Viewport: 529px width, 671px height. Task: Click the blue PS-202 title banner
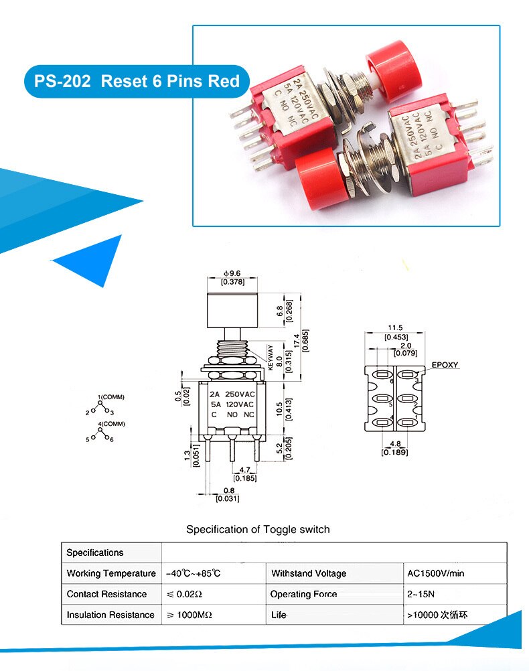[x=137, y=82]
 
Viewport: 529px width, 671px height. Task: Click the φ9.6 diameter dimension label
[x=232, y=274]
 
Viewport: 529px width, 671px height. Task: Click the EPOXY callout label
[x=445, y=365]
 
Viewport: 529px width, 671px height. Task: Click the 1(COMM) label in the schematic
[x=110, y=397]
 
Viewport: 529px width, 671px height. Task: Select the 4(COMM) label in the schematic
[x=110, y=424]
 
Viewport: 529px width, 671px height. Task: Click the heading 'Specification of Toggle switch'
[x=258, y=529]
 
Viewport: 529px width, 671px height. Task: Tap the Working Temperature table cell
[x=111, y=573]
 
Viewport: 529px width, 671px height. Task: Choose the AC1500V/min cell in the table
[x=435, y=573]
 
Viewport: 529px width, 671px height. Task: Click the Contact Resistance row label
[x=106, y=594]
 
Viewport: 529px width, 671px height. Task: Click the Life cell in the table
[x=279, y=615]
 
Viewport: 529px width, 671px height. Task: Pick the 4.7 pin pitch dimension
[x=244, y=471]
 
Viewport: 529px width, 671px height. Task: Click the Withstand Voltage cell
[x=309, y=573]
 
